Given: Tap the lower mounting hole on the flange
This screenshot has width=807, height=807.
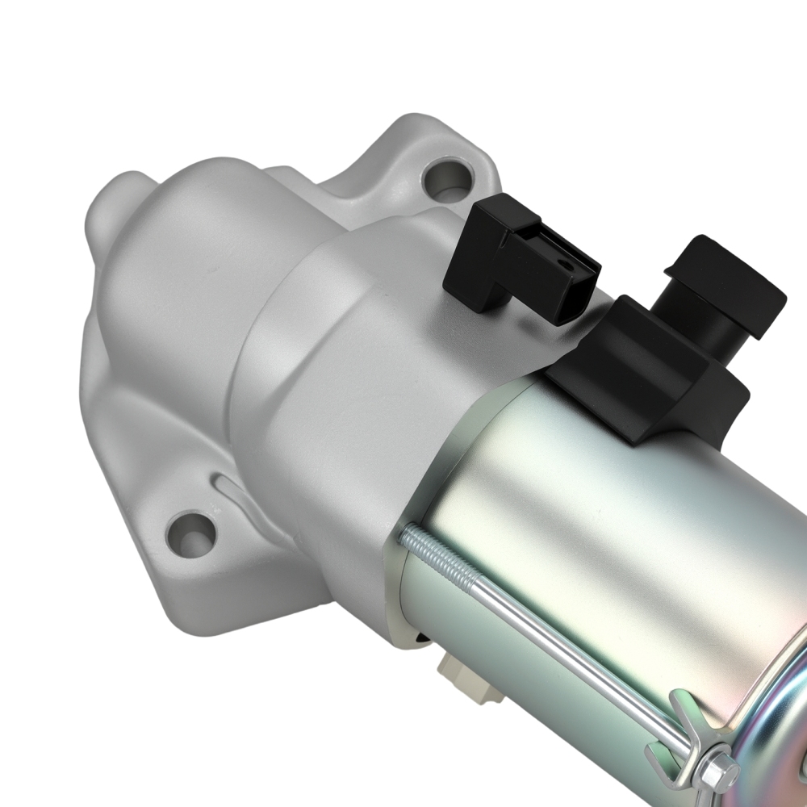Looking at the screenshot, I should [x=191, y=533].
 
